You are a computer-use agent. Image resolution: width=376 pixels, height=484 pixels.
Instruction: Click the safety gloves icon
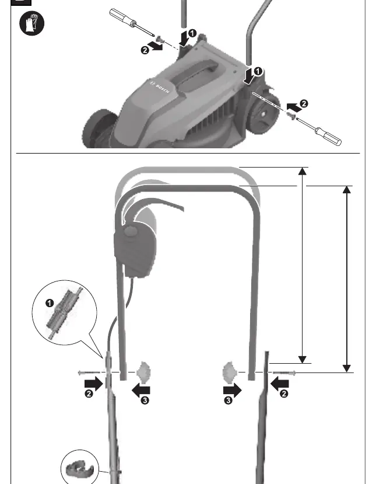pos(31,23)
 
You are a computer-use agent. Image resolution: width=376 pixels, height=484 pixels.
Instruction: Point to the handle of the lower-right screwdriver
pos(328,137)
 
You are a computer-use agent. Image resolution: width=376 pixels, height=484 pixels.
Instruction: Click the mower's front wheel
pos(98,130)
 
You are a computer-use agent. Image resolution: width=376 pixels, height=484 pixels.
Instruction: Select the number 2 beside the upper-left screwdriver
pos(145,50)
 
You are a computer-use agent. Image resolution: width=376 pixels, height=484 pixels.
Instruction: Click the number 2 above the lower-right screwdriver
pos(304,103)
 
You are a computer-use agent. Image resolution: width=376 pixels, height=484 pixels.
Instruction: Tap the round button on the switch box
pos(131,231)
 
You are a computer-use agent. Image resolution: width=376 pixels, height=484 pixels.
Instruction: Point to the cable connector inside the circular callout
pos(64,313)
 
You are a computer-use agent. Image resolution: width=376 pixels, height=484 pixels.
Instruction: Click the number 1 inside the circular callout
pos(50,303)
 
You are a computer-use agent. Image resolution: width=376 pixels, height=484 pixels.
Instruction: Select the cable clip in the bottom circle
pos(79,468)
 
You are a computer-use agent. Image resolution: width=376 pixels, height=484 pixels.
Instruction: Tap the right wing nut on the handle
pos(229,372)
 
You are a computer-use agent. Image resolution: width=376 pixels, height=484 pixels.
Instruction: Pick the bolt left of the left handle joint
pos(89,373)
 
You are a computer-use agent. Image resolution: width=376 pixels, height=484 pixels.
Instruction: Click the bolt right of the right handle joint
pos(284,373)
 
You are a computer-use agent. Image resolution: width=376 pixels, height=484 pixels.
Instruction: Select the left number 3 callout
pos(145,401)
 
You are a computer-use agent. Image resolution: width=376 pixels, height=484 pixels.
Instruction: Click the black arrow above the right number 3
pos(233,391)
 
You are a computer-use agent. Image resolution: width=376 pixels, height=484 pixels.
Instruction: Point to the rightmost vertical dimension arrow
pos(347,278)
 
